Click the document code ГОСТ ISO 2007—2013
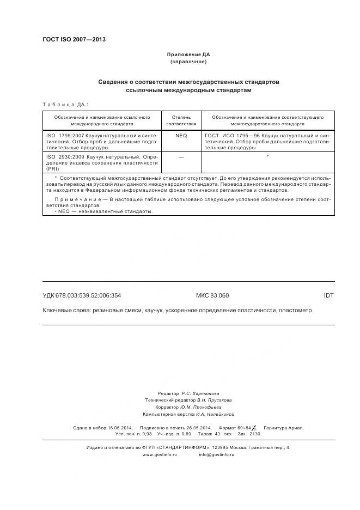[x=74, y=40]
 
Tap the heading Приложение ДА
[x=188, y=54]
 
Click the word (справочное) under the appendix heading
[x=188, y=62]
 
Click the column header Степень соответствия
[x=181, y=120]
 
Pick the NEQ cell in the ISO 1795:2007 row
[x=181, y=135]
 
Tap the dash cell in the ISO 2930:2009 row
[x=181, y=157]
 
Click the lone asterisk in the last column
[x=268, y=157]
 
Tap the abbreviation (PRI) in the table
[x=53, y=169]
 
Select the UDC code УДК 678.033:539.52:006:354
[x=82, y=295]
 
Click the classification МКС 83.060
[x=212, y=295]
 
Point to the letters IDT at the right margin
[x=328, y=295]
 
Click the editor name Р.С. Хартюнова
[x=200, y=393]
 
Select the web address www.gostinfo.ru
[x=160, y=454]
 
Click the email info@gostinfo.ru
[x=216, y=454]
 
